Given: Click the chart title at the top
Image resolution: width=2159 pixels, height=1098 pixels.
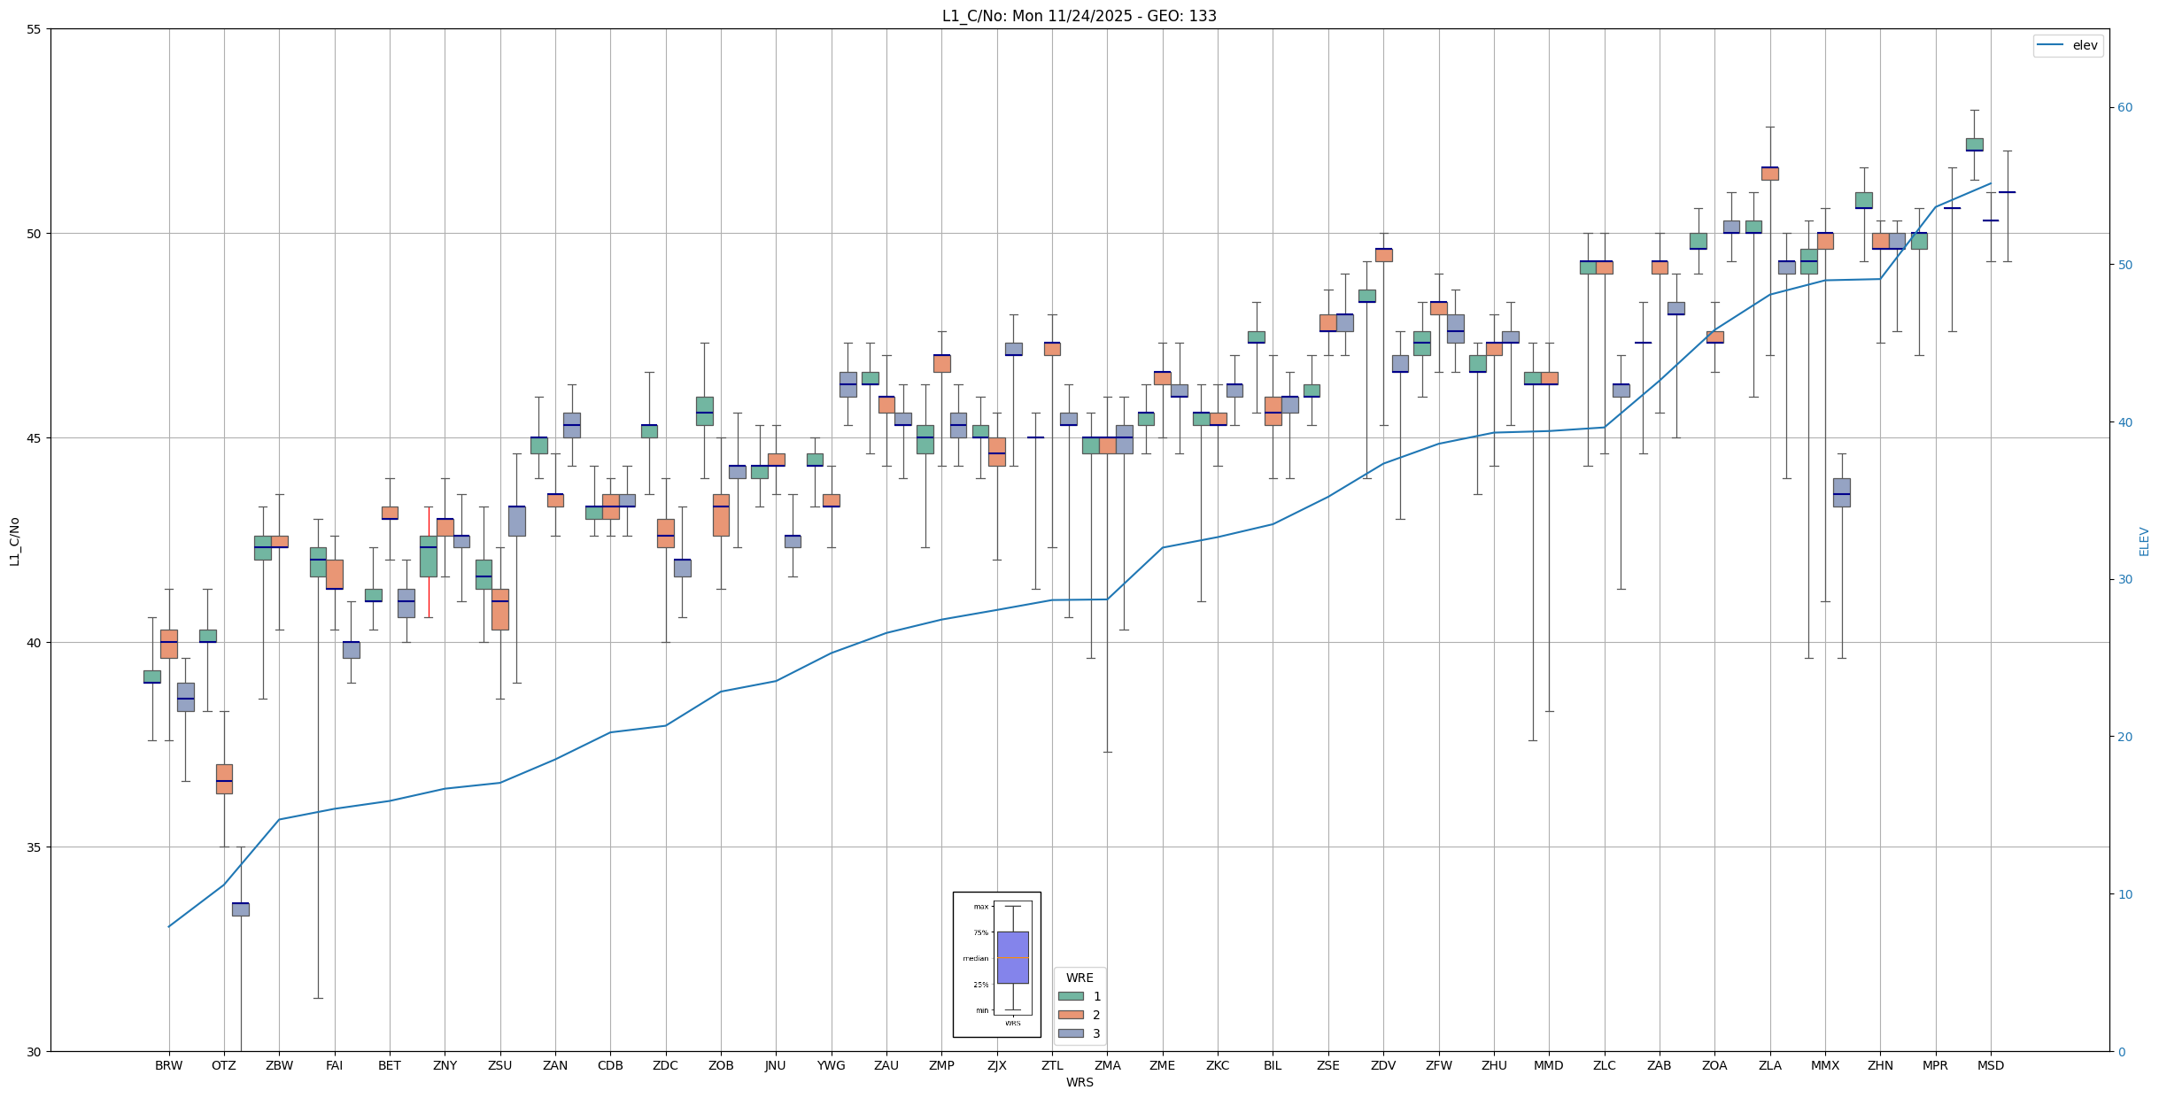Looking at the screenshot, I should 1079,16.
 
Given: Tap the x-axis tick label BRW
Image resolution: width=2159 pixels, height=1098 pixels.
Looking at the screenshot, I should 168,1065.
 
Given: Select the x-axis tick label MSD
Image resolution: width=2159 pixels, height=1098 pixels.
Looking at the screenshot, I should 1990,1065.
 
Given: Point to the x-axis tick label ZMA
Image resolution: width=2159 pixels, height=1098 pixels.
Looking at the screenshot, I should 1107,1065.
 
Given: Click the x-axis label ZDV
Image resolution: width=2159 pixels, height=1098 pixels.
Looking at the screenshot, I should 1382,1065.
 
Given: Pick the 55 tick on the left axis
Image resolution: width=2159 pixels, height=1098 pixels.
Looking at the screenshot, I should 35,29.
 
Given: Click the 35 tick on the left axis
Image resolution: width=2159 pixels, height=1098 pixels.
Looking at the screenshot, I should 35,847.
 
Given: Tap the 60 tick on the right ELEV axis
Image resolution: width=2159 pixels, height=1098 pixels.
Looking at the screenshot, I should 2124,108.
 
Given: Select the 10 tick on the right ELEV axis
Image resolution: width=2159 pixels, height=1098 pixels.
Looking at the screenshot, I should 2124,894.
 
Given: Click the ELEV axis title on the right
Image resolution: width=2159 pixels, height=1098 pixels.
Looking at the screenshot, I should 2144,541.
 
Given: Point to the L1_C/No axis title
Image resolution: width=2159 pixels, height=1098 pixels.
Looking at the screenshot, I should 14,541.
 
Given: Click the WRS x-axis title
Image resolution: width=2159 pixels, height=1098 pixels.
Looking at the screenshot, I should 1079,1082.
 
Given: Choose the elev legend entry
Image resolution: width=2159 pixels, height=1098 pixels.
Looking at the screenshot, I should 2067,45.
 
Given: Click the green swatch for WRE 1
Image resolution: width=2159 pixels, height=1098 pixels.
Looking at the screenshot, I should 1071,996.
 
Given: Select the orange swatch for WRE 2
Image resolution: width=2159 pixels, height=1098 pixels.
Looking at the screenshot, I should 1071,1015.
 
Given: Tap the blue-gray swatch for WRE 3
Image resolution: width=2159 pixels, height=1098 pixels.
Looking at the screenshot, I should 1071,1033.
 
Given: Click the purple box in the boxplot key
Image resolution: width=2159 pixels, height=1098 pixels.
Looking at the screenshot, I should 1012,957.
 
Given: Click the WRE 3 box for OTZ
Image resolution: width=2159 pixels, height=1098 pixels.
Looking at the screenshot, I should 241,909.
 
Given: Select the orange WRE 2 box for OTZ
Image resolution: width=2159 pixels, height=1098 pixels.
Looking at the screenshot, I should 224,779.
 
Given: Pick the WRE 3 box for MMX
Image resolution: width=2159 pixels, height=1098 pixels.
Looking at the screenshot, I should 1841,492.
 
